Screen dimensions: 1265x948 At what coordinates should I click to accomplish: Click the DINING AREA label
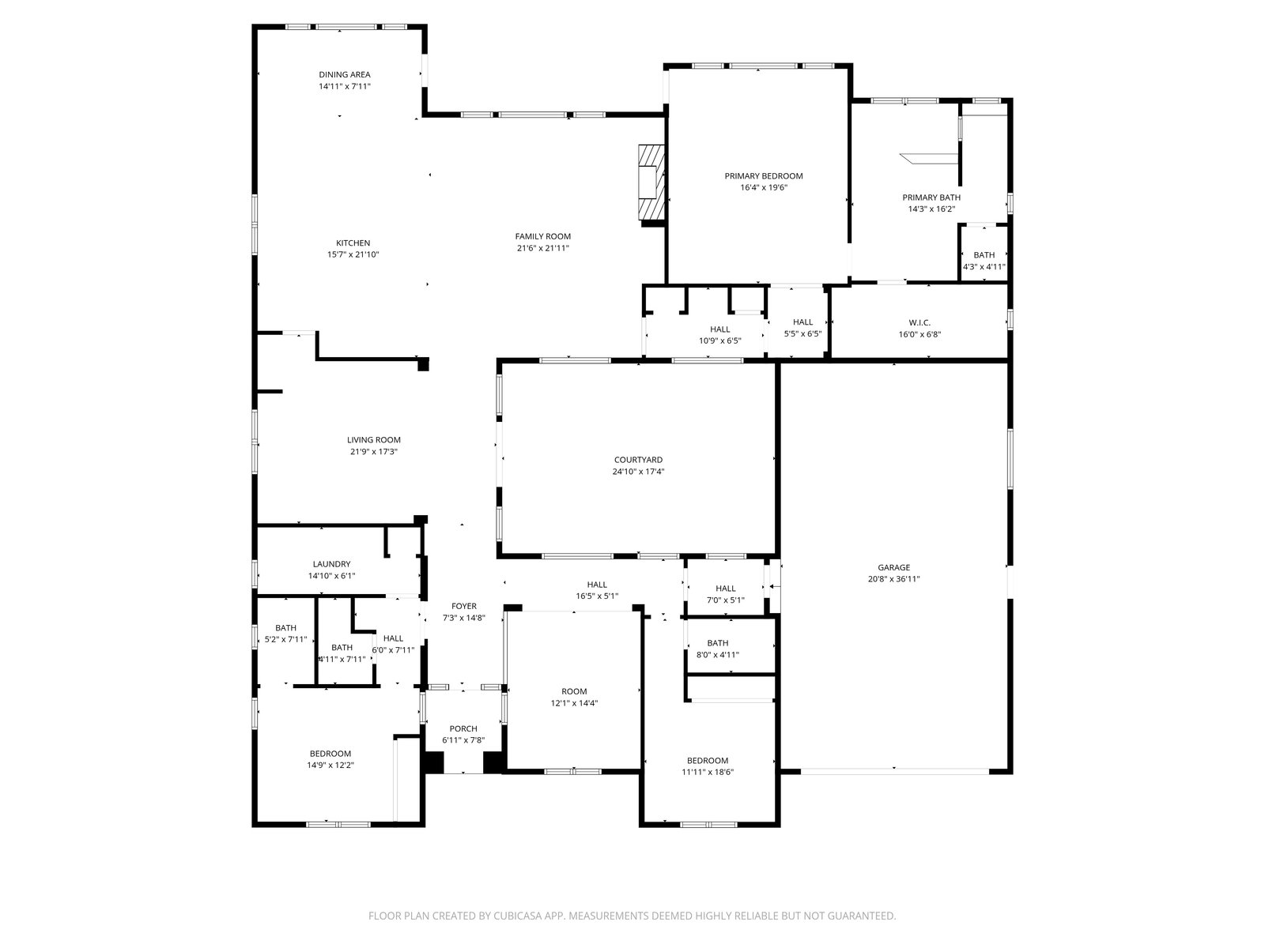coord(345,74)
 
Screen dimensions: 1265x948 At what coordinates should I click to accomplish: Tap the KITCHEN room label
coord(353,243)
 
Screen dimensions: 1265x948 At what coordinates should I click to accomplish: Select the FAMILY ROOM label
coord(543,236)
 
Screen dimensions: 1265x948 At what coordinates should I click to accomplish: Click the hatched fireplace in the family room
coord(651,182)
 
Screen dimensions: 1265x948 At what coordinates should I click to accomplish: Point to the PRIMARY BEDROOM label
coord(764,175)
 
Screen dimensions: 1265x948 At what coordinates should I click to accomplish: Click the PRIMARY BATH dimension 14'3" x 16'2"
coord(931,209)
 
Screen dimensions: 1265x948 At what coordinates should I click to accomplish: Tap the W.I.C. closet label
coord(919,322)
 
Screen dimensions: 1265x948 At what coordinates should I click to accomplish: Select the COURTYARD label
coord(638,459)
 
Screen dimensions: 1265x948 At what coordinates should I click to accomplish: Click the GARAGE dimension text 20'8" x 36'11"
coord(894,579)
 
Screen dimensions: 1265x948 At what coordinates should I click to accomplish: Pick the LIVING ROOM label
coord(373,440)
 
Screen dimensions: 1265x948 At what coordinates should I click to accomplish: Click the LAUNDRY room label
coord(331,564)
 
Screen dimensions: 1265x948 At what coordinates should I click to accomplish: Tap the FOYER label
coord(464,606)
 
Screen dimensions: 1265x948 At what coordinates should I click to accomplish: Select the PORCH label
coord(463,728)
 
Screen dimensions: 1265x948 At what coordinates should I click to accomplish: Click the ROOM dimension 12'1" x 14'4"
coord(574,703)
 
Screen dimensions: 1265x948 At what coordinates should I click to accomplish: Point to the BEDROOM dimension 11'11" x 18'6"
coord(708,772)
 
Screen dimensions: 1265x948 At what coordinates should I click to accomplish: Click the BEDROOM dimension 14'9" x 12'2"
coord(330,765)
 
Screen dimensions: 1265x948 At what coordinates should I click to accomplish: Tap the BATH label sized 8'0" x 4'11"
coord(718,643)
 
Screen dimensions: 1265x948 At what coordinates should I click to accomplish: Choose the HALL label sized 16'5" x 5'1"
coord(597,585)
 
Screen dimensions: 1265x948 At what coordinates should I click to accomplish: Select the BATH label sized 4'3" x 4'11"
coord(984,255)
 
